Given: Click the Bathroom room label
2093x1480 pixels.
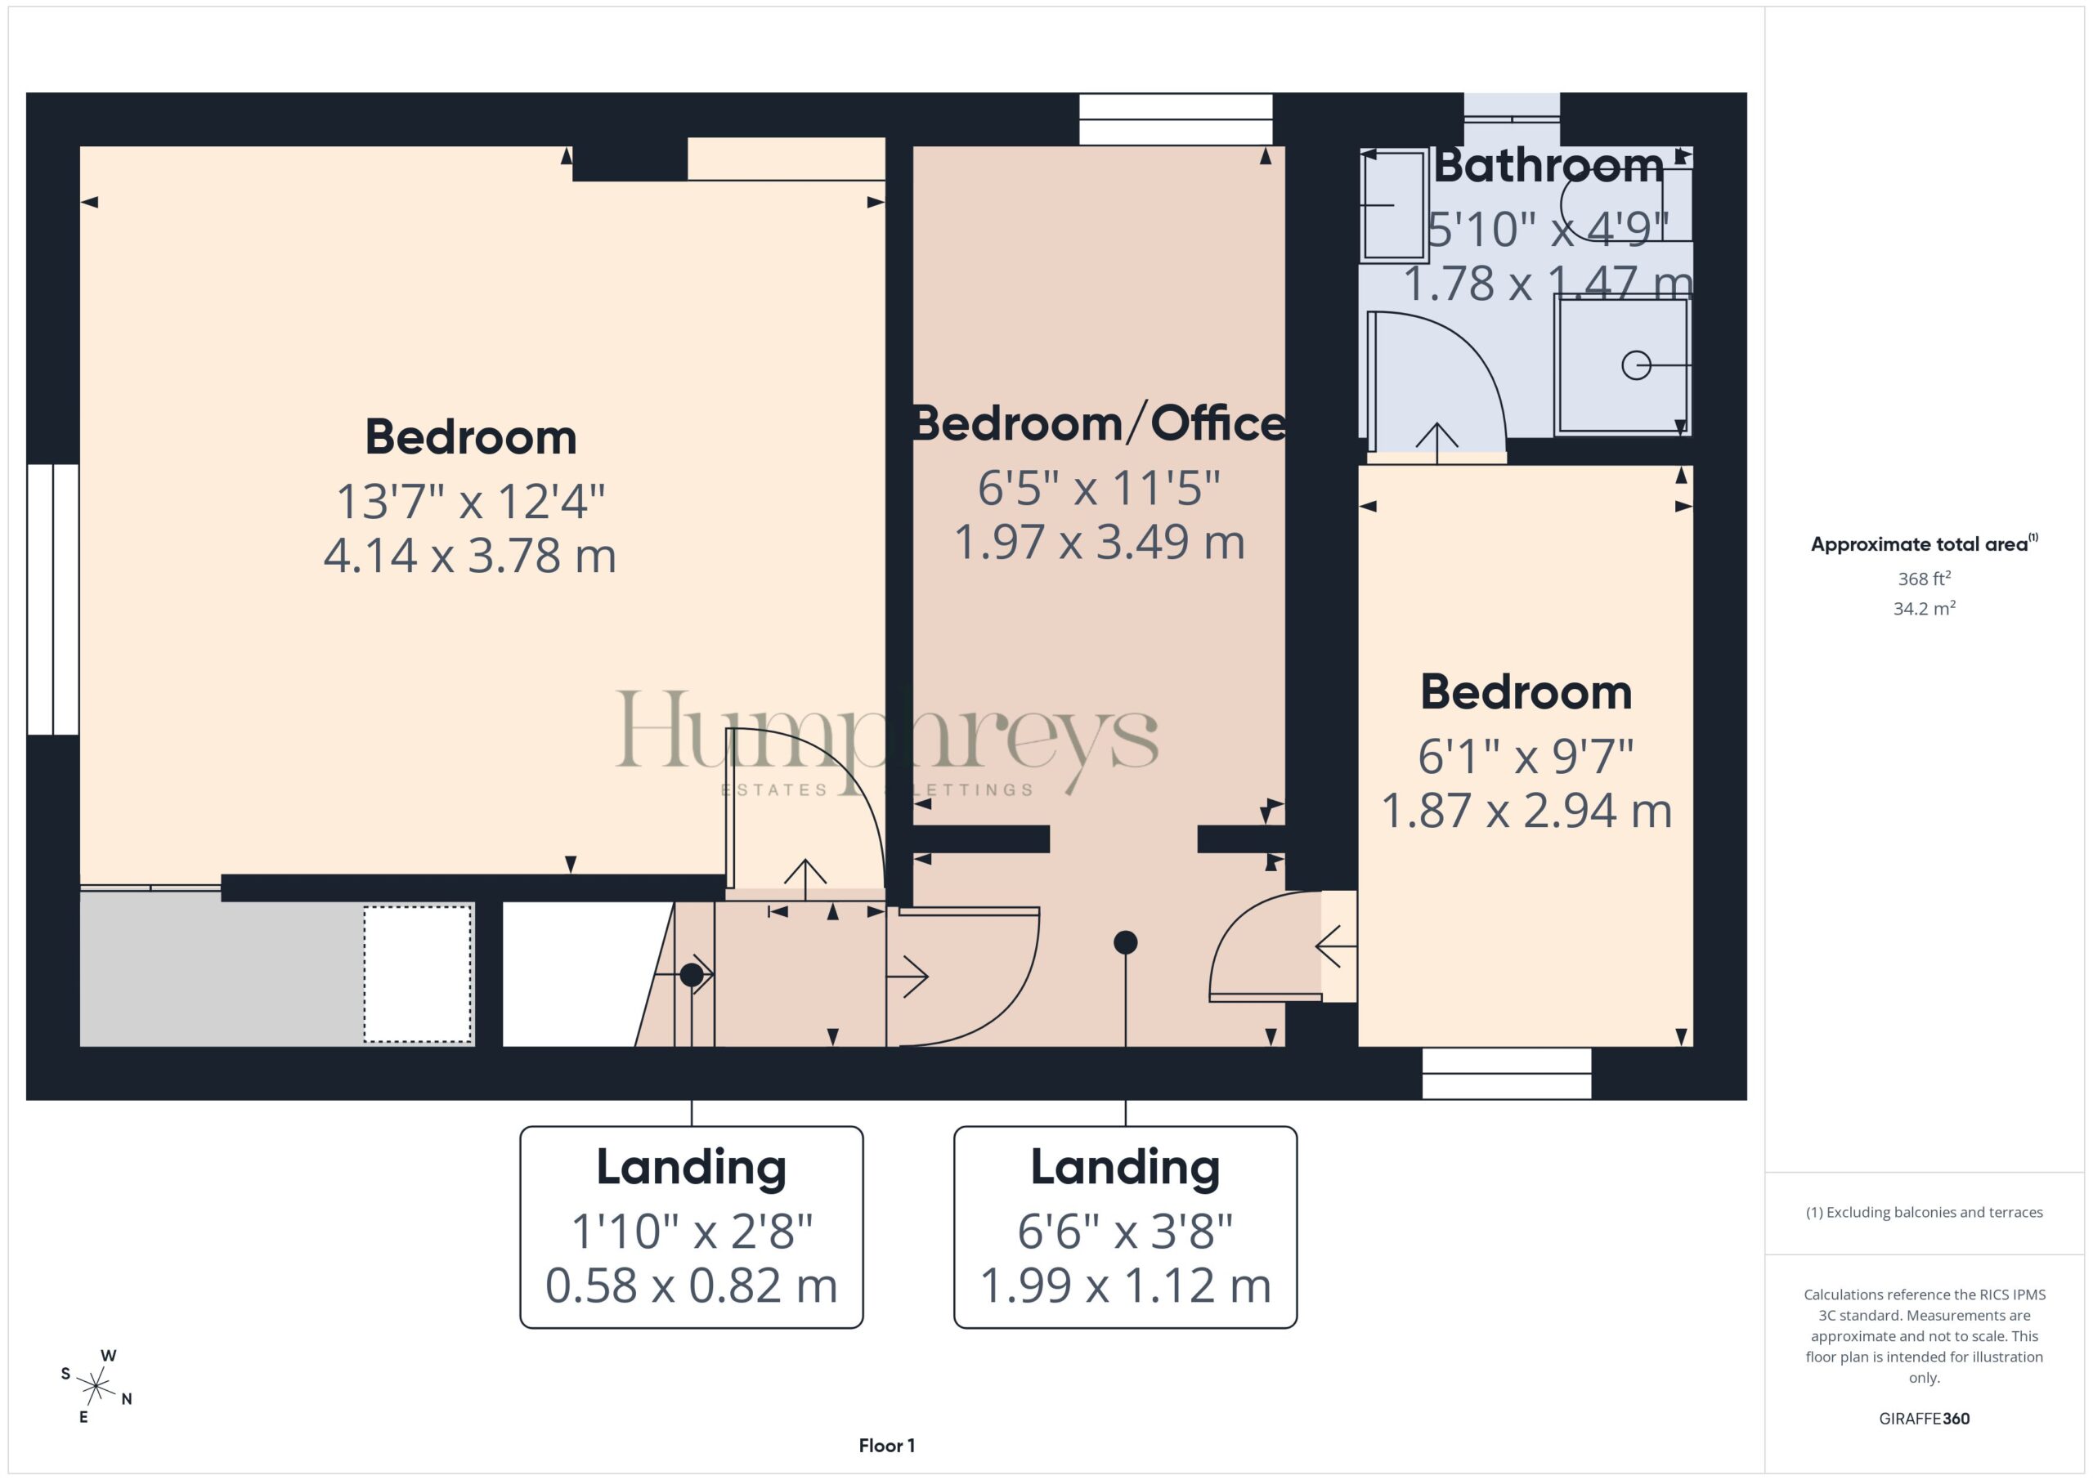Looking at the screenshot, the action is (x=1548, y=167).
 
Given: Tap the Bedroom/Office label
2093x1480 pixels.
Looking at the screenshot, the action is (x=1100, y=424).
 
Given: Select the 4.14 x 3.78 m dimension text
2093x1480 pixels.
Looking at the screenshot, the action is (x=470, y=556).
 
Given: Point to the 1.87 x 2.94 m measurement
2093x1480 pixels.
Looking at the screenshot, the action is (x=1527, y=810).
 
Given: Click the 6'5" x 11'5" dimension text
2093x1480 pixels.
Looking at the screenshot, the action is (x=1100, y=488).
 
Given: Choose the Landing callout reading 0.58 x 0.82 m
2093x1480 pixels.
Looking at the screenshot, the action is (x=692, y=1227).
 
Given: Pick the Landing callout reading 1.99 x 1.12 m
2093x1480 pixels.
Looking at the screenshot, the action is (x=1126, y=1227).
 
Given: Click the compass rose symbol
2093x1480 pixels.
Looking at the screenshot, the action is (x=96, y=1387).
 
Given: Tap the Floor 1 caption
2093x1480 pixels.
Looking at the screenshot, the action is (x=887, y=1446).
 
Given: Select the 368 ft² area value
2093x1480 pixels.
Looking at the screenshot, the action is (x=1925, y=579).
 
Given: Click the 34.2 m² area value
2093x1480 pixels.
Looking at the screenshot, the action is (x=1925, y=609).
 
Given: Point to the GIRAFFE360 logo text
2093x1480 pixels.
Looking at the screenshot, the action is (x=1925, y=1419).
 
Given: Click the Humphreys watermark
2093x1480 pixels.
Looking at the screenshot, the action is (x=887, y=738).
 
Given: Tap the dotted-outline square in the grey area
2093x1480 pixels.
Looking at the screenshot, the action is (x=419, y=973).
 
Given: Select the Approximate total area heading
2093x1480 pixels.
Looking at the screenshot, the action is (x=1925, y=544).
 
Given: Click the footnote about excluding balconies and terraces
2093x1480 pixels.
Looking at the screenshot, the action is (x=1925, y=1212).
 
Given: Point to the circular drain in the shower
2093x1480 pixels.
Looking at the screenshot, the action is (x=1636, y=365).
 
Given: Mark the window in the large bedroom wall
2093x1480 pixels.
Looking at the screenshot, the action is (x=53, y=599).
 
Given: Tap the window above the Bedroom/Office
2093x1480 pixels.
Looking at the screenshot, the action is (x=1176, y=119).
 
